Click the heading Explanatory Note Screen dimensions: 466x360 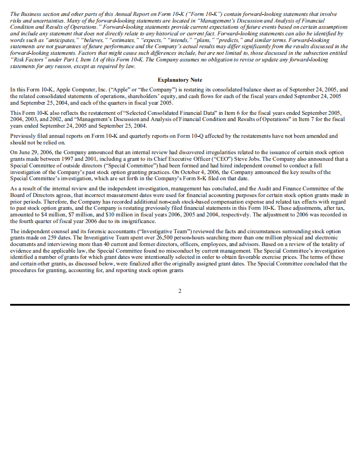pos(180,80)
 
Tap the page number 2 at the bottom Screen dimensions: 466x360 pos(180,291)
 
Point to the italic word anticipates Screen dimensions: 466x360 pos(52,40)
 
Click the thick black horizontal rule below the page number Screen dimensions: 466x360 pos(180,304)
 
